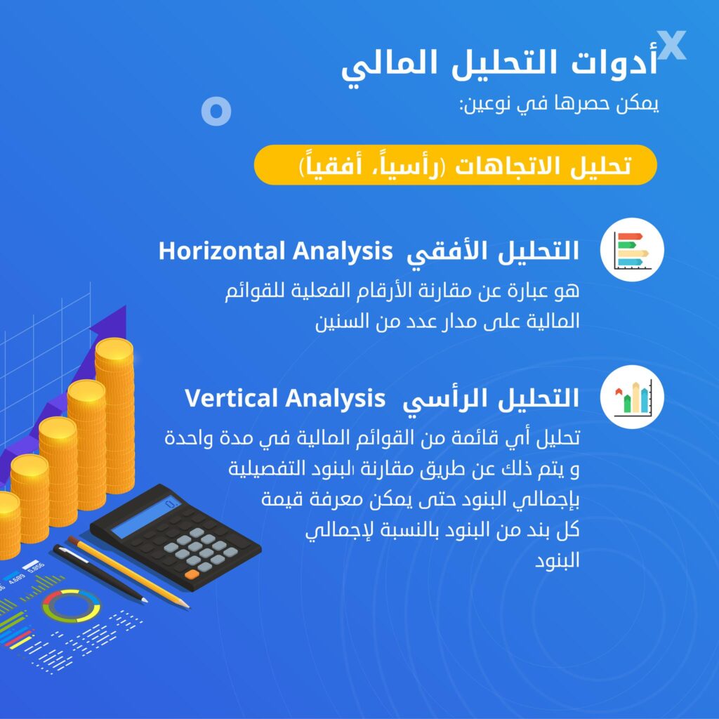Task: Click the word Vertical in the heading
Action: click(x=233, y=398)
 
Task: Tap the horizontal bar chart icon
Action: click(x=632, y=250)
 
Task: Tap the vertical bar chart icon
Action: click(x=632, y=397)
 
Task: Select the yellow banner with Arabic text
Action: click(x=455, y=165)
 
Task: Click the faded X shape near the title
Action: click(x=671, y=45)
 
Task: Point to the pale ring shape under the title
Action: click(x=216, y=112)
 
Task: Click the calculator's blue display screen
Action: click(x=146, y=518)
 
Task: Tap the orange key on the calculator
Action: click(x=192, y=574)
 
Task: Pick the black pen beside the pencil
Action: click(x=100, y=573)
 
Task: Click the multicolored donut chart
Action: click(x=72, y=606)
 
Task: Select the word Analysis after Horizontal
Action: click(x=343, y=252)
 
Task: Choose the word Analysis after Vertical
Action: click(x=336, y=399)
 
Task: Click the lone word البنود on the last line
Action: click(x=557, y=560)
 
